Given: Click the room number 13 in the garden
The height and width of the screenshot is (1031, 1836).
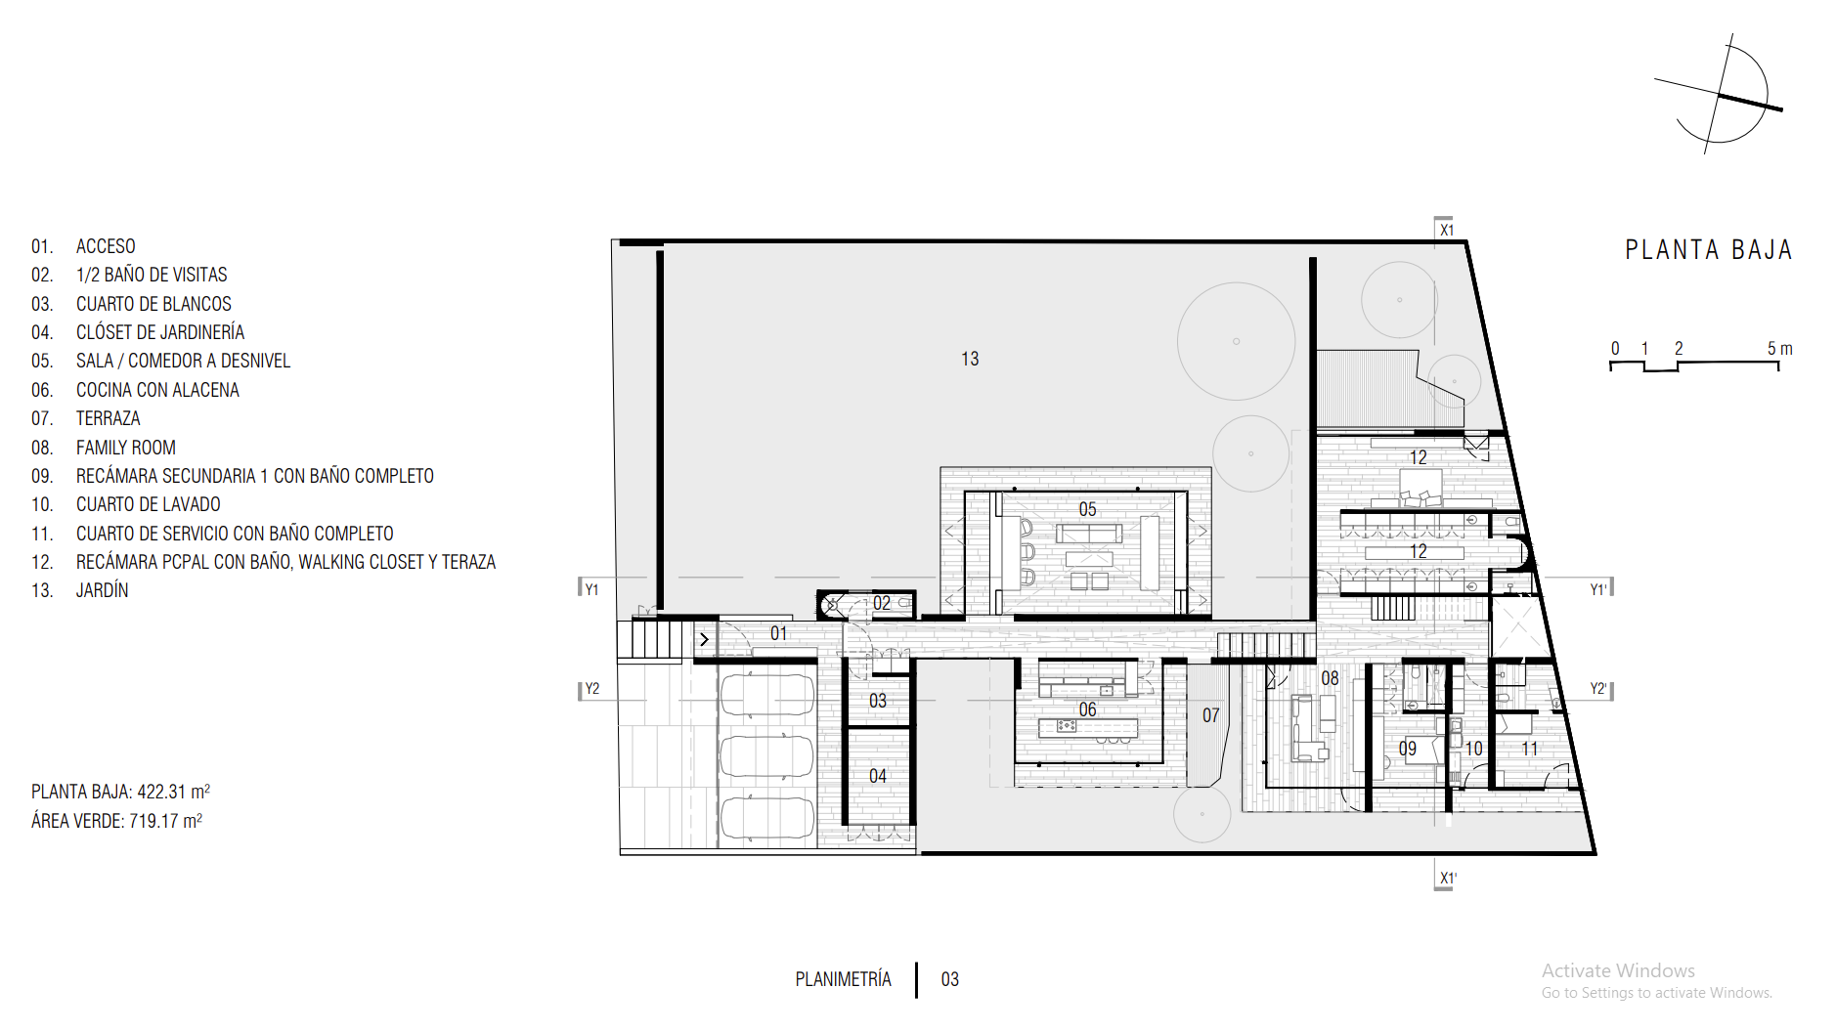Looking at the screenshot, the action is click(970, 359).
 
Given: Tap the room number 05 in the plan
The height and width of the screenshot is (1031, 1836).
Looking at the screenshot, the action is click(1087, 509).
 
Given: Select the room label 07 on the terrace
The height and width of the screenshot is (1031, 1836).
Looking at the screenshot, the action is click(1211, 715).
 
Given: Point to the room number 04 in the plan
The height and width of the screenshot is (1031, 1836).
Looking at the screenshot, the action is click(878, 776).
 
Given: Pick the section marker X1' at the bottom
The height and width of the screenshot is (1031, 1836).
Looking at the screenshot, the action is click(1448, 878).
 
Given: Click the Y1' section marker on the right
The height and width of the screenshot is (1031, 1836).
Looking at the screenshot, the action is click(1598, 589).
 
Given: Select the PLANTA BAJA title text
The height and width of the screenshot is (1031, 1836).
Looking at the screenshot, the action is click(1708, 250).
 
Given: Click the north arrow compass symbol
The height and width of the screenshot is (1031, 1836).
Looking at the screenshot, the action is click(1720, 95).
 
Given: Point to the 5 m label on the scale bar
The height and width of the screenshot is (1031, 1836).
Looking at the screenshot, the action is click(1779, 349).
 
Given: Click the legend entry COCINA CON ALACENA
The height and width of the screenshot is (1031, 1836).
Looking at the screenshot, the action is click(157, 390).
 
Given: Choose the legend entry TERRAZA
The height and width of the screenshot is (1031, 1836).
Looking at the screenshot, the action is click(108, 418).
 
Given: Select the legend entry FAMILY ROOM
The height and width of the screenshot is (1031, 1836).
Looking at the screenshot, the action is click(126, 448).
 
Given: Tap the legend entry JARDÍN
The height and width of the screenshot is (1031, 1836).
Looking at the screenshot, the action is click(102, 590).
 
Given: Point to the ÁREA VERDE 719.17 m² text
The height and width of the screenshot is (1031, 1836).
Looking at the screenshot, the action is click(116, 821).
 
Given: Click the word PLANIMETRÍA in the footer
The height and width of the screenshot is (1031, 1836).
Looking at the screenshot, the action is click(843, 979).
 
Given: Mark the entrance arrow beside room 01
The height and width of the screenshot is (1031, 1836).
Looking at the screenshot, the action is click(704, 640).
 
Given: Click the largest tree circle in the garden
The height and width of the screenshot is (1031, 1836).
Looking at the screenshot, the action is click(1236, 341).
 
